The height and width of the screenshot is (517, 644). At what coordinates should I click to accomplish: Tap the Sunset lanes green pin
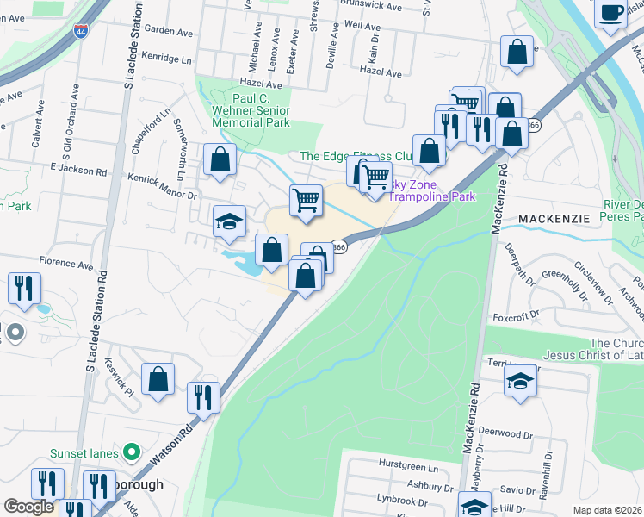pyautogui.click(x=131, y=452)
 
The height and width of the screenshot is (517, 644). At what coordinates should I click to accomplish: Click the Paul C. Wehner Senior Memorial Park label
pyautogui.click(x=250, y=110)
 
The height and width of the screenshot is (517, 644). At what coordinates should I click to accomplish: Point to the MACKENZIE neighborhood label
pyautogui.click(x=554, y=219)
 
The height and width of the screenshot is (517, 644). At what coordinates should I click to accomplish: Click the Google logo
pyautogui.click(x=29, y=507)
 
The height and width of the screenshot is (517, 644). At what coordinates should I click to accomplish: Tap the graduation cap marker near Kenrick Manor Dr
pyautogui.click(x=229, y=221)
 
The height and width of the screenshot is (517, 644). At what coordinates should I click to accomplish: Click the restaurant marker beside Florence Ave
pyautogui.click(x=23, y=288)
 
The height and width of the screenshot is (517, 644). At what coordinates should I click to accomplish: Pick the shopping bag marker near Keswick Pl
pyautogui.click(x=158, y=379)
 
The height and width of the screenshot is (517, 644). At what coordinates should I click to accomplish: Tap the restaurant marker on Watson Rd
pyautogui.click(x=203, y=396)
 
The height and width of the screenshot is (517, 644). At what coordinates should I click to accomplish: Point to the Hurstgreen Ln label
pyautogui.click(x=408, y=465)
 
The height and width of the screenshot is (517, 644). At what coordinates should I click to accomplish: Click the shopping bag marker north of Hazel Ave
pyautogui.click(x=517, y=51)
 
